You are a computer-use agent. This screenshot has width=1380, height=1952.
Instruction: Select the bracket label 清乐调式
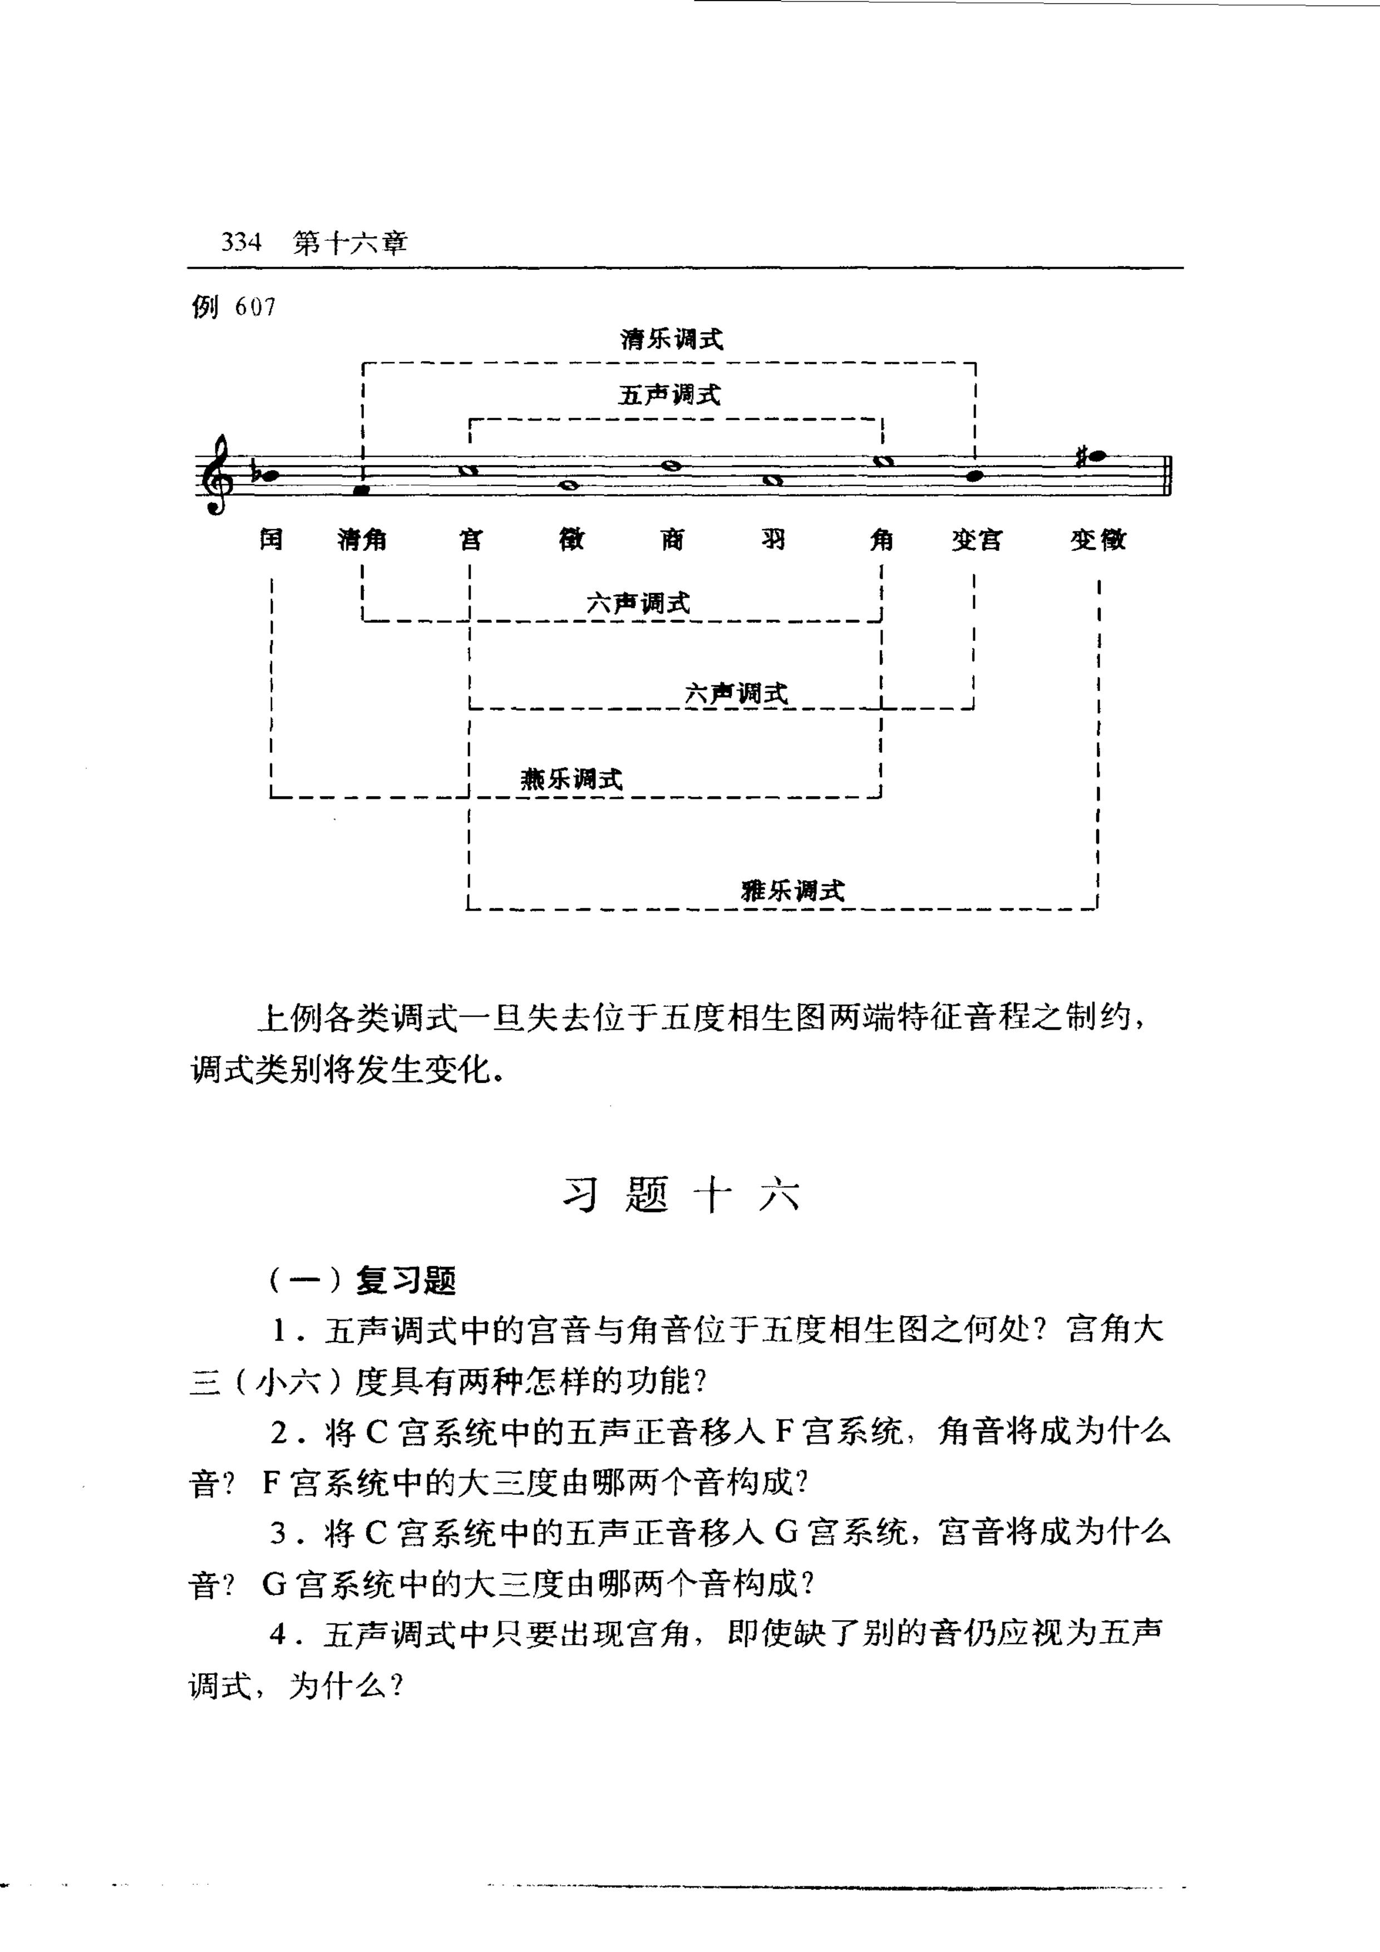[672, 339]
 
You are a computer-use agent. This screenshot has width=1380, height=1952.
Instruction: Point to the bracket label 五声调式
[670, 394]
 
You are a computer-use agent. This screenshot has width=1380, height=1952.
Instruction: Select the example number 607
[256, 307]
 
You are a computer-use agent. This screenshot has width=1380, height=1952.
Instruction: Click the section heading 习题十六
[682, 1195]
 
